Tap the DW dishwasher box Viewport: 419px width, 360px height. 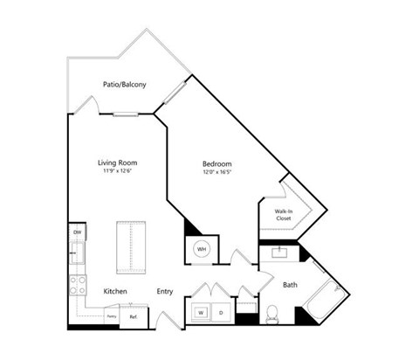pos(77,232)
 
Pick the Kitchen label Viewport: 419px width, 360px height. pos(116,291)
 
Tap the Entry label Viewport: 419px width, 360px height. pos(165,291)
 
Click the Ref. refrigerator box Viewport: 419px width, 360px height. pos(133,317)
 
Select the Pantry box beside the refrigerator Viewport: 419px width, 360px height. pos(112,316)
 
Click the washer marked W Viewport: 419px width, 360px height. pos(200,311)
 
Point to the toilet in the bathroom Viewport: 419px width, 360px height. pos(271,313)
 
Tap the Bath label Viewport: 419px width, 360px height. pos(290,284)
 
